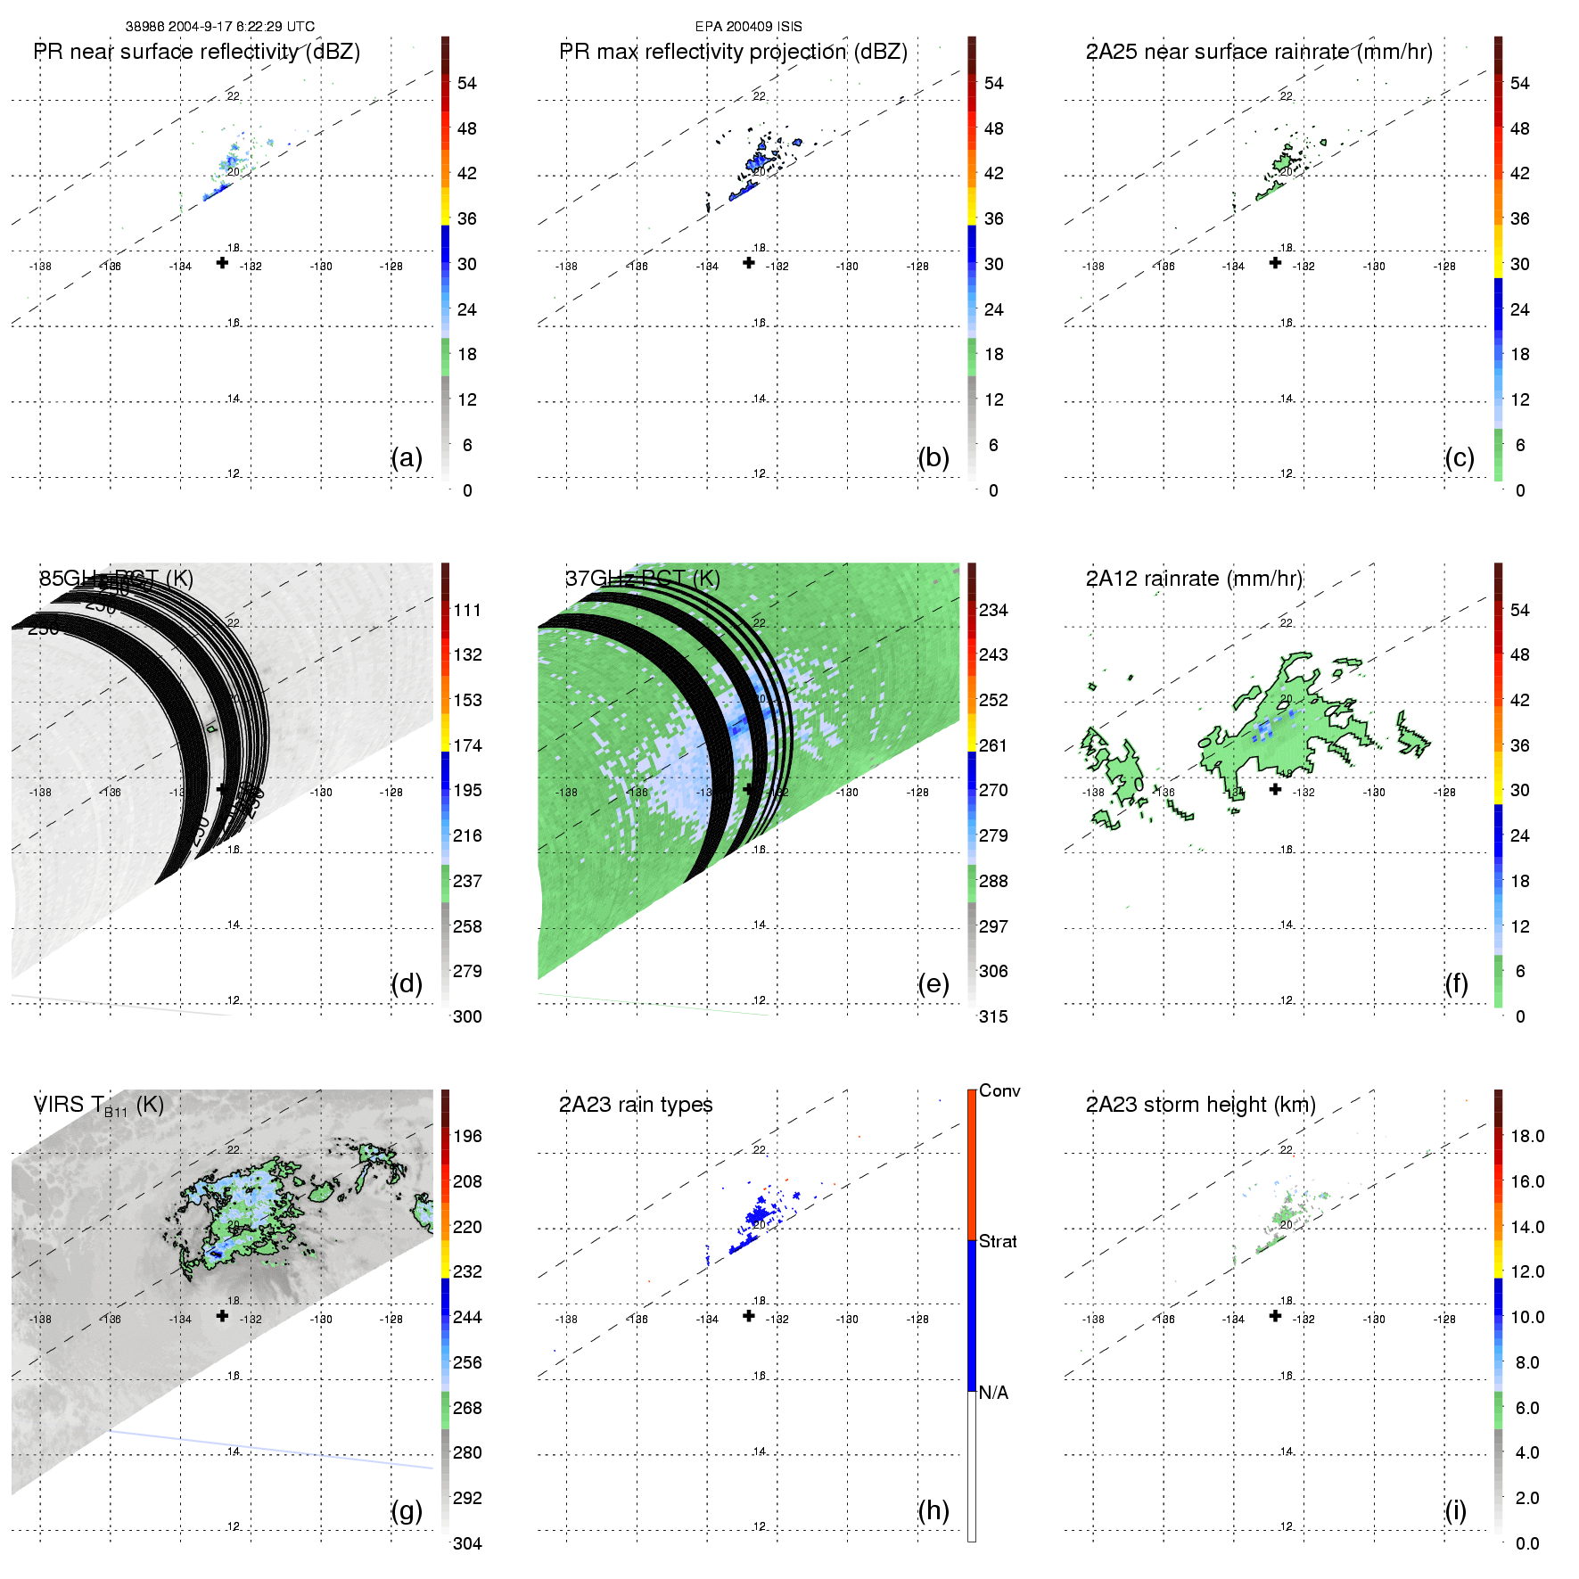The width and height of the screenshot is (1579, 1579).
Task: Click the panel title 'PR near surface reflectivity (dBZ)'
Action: tap(196, 52)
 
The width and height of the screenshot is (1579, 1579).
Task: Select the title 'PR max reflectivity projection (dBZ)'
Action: tap(733, 52)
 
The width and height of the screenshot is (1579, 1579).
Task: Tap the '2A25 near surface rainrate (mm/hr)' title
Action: tap(1259, 52)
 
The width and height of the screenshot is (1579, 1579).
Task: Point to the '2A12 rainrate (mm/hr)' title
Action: tap(1194, 579)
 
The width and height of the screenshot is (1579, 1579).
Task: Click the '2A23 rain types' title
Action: tap(636, 1105)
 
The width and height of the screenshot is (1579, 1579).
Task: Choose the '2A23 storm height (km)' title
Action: tap(1200, 1105)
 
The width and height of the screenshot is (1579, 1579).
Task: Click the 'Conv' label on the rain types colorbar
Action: tap(999, 1090)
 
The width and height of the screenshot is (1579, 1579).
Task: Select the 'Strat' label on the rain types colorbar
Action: tap(998, 1241)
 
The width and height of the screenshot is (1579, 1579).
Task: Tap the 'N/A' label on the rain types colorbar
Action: tap(993, 1393)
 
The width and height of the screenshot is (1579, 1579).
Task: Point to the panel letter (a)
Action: tap(407, 457)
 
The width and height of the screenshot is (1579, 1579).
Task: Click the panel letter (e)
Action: tap(933, 983)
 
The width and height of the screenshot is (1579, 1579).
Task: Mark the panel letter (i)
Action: tap(1456, 1510)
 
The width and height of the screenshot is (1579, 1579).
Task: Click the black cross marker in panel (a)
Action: tap(222, 262)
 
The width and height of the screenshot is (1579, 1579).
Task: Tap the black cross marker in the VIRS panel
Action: tap(222, 1315)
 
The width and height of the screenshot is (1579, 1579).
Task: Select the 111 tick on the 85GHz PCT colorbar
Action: tap(467, 610)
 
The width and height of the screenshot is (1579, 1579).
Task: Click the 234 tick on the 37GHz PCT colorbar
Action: tap(993, 610)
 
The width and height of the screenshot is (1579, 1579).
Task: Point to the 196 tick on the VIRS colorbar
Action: tap(467, 1136)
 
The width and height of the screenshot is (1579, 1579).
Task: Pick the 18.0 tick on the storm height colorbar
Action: tap(1527, 1136)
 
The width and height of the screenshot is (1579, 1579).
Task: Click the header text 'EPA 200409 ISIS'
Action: tap(749, 27)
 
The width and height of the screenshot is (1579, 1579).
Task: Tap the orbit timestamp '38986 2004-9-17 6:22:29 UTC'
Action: tap(220, 27)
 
